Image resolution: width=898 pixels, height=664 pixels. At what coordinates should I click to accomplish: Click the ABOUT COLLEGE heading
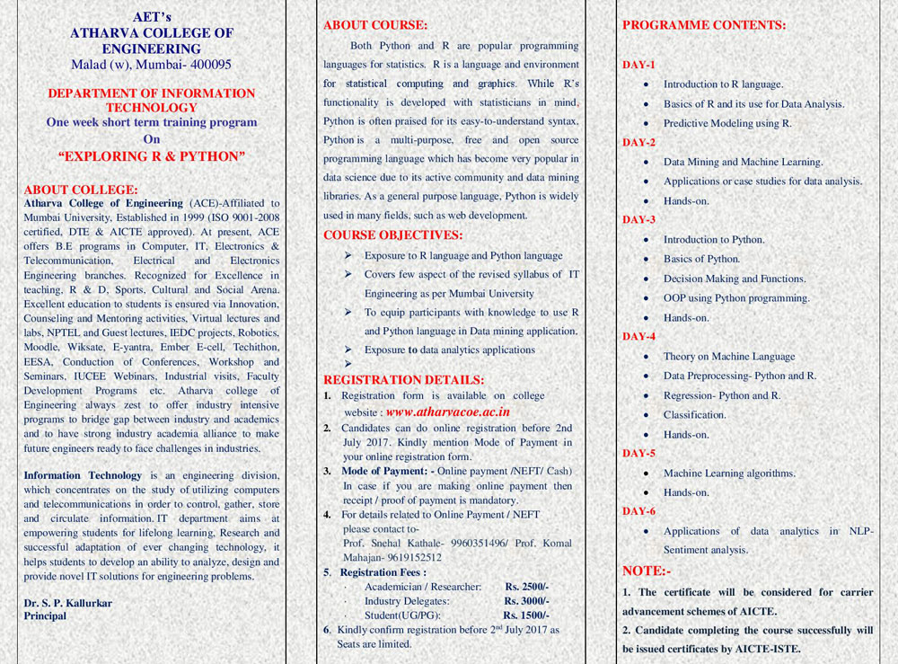pyautogui.click(x=80, y=190)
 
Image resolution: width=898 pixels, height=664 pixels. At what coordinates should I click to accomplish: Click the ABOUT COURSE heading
pyautogui.click(x=375, y=25)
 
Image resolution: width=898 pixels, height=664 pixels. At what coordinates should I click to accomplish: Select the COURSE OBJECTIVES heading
pyautogui.click(x=392, y=236)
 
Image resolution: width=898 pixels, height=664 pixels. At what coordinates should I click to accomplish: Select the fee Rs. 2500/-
pyautogui.click(x=527, y=586)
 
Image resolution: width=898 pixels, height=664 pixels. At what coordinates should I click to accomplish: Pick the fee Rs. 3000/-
pyautogui.click(x=527, y=600)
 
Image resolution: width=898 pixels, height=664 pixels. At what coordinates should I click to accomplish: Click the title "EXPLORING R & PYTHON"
pyautogui.click(x=152, y=156)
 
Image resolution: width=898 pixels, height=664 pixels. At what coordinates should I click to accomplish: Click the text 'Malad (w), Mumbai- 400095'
pyautogui.click(x=152, y=65)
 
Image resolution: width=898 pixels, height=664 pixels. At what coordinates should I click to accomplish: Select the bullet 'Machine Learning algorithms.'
pyautogui.click(x=729, y=473)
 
